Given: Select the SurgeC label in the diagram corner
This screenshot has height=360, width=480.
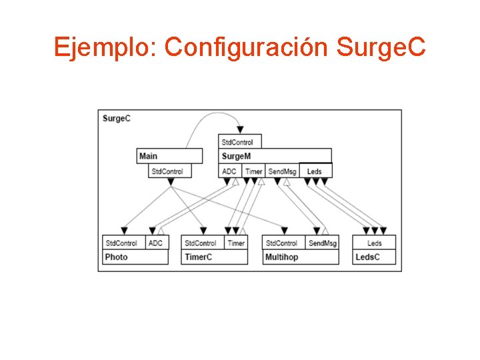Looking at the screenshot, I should pos(117,119).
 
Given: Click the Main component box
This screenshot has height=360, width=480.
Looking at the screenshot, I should pos(169,156).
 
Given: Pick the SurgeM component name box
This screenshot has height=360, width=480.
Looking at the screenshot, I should pos(275,156).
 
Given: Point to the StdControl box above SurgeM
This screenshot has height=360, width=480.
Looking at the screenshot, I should pos(241,141).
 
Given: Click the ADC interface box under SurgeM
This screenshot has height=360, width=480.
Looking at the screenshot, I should pos(230,171).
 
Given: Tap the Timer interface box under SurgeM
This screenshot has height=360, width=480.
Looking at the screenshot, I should pos(253,171).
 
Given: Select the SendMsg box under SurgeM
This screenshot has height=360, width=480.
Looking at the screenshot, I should pos(282,171).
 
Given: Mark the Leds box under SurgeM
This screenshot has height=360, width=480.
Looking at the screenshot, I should pos(315,171).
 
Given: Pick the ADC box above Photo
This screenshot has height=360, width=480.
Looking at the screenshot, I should pos(156,243).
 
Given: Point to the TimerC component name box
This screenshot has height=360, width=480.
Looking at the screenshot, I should pos(214,257).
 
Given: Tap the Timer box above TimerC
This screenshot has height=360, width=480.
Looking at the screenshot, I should pos(236,243).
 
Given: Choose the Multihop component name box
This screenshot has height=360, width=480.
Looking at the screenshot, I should pos(301,257).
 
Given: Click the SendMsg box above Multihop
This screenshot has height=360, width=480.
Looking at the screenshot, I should pos(322,243).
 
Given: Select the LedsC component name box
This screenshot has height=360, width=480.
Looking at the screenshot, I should pos(374,257).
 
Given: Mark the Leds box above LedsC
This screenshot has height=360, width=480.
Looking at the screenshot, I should pos(374,243).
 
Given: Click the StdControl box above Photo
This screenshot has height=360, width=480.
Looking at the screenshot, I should pos(123,243).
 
